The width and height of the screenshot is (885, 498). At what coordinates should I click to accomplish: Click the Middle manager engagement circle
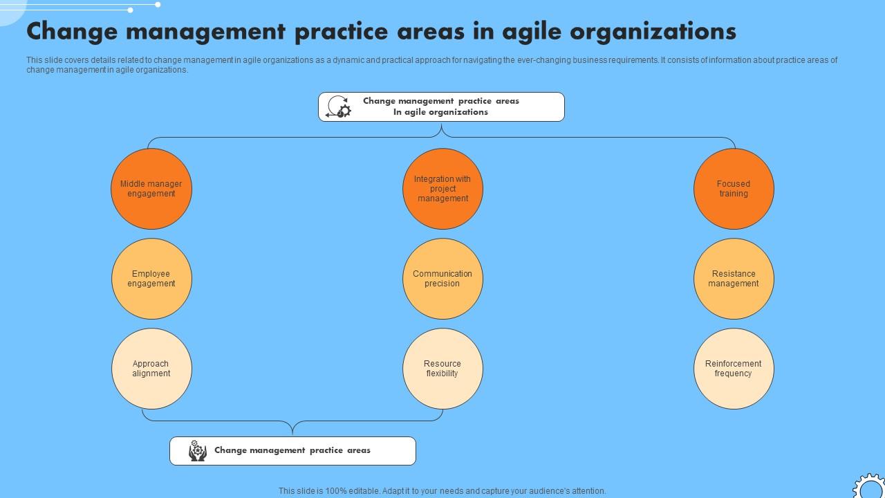point(151,189)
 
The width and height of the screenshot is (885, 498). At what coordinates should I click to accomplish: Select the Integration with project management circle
point(442,189)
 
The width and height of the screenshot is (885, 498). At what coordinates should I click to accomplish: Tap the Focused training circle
point(734,189)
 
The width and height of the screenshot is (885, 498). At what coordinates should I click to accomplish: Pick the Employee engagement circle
point(151,279)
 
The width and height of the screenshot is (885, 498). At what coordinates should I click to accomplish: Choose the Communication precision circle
point(442,279)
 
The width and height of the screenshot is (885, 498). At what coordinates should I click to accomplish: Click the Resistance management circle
point(734,279)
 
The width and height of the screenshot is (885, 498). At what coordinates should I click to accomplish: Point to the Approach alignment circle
point(151,369)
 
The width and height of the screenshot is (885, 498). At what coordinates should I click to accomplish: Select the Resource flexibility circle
point(442,369)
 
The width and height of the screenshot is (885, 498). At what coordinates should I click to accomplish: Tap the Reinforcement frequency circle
point(734,369)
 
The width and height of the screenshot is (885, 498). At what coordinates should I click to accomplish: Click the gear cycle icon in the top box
point(339,107)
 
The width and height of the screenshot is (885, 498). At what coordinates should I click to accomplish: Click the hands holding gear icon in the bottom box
point(198,451)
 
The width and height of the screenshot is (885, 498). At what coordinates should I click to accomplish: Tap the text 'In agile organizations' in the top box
point(440,112)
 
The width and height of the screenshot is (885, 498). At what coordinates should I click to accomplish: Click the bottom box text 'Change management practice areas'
point(292,450)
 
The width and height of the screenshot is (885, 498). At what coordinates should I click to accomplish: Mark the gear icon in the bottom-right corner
point(868,487)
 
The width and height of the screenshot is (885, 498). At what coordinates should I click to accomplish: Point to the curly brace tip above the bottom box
point(292,432)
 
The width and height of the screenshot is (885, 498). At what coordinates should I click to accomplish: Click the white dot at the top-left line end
point(158,5)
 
